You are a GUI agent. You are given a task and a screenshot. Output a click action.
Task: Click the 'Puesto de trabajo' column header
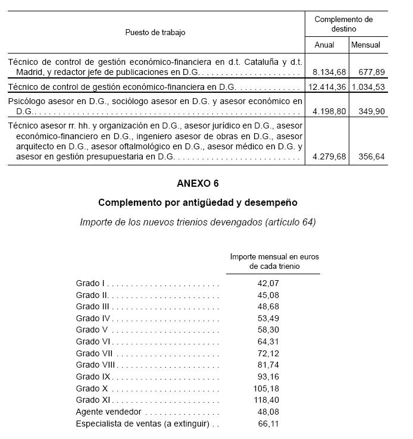(x=155, y=32)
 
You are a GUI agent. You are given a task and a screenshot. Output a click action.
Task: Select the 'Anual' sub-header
(x=324, y=45)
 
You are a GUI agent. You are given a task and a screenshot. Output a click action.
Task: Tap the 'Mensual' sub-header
(x=365, y=45)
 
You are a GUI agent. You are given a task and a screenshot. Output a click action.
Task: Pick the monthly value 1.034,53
(x=368, y=87)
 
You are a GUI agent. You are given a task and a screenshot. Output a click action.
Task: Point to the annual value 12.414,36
(x=327, y=87)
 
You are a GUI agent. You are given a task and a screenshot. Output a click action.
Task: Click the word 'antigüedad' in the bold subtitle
(x=206, y=203)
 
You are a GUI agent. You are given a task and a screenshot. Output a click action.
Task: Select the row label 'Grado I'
(x=90, y=283)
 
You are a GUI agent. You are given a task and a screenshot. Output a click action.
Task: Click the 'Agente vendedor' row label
(x=108, y=412)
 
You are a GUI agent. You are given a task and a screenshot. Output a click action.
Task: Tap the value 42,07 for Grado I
(x=267, y=283)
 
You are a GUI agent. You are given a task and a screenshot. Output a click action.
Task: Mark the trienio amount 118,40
(x=265, y=400)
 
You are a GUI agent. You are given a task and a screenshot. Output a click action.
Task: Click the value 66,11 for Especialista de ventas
(x=267, y=424)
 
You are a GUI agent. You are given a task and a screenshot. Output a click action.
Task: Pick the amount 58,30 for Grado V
(x=267, y=330)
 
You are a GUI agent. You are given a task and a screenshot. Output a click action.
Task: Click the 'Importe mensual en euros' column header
(x=274, y=256)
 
